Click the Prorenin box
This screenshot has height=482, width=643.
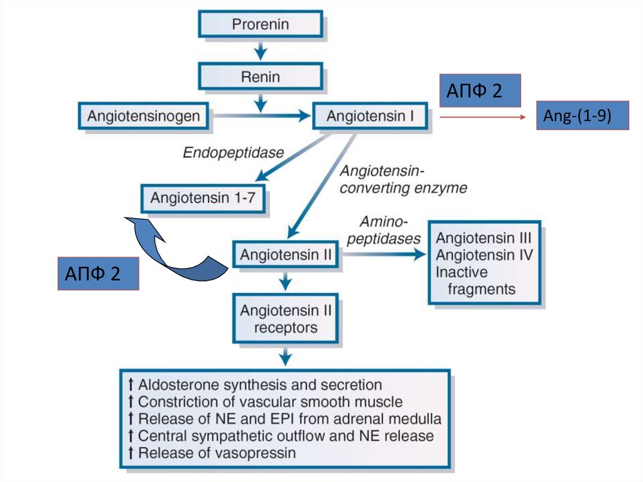[261, 25]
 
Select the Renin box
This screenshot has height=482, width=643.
[261, 78]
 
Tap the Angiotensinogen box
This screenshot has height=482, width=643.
[144, 116]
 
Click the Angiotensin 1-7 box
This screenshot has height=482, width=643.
[203, 198]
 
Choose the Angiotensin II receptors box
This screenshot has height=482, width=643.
[286, 319]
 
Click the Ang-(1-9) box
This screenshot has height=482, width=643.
[582, 116]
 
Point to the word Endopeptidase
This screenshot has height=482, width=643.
[234, 152]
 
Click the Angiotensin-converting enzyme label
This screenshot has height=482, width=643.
[403, 179]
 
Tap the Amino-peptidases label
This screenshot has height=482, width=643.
[384, 230]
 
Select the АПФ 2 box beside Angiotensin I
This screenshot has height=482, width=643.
[479, 90]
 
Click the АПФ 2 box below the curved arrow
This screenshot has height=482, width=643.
[98, 273]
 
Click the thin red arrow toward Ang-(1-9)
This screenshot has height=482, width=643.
[482, 117]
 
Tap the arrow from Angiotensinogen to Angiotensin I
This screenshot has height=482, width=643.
[264, 116]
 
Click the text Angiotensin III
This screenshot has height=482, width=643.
[484, 239]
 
